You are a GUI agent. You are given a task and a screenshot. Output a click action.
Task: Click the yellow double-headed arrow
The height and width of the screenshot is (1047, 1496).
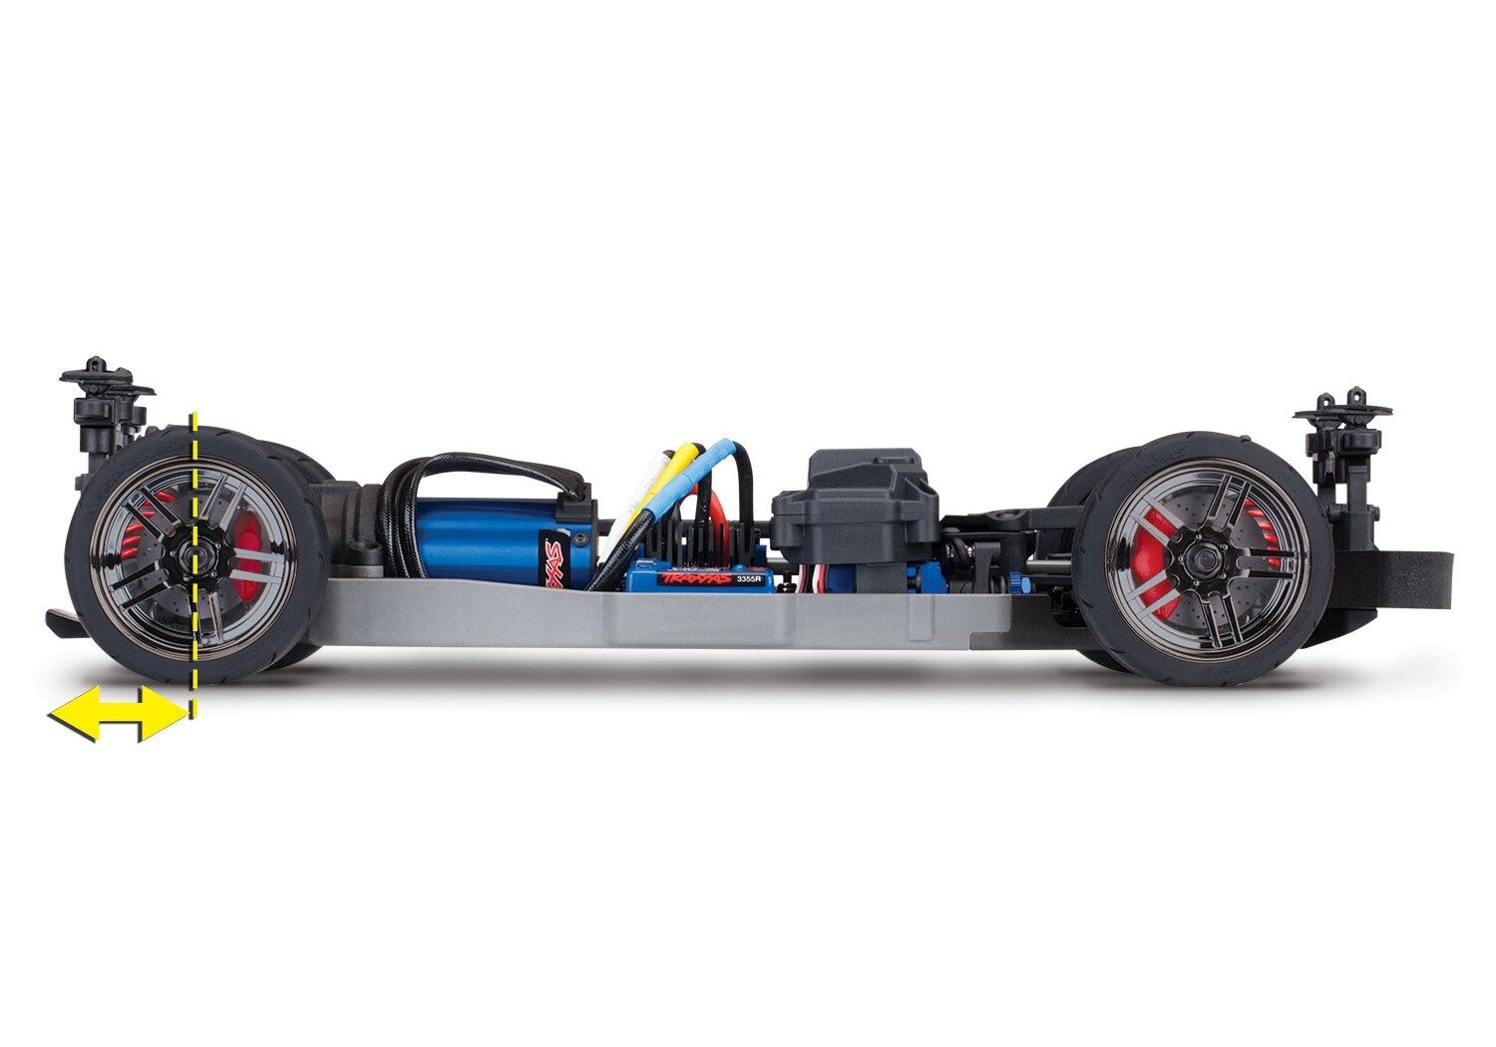pyautogui.click(x=117, y=713)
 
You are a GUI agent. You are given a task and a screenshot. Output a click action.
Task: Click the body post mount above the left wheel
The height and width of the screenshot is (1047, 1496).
pyautogui.click(x=100, y=399)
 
